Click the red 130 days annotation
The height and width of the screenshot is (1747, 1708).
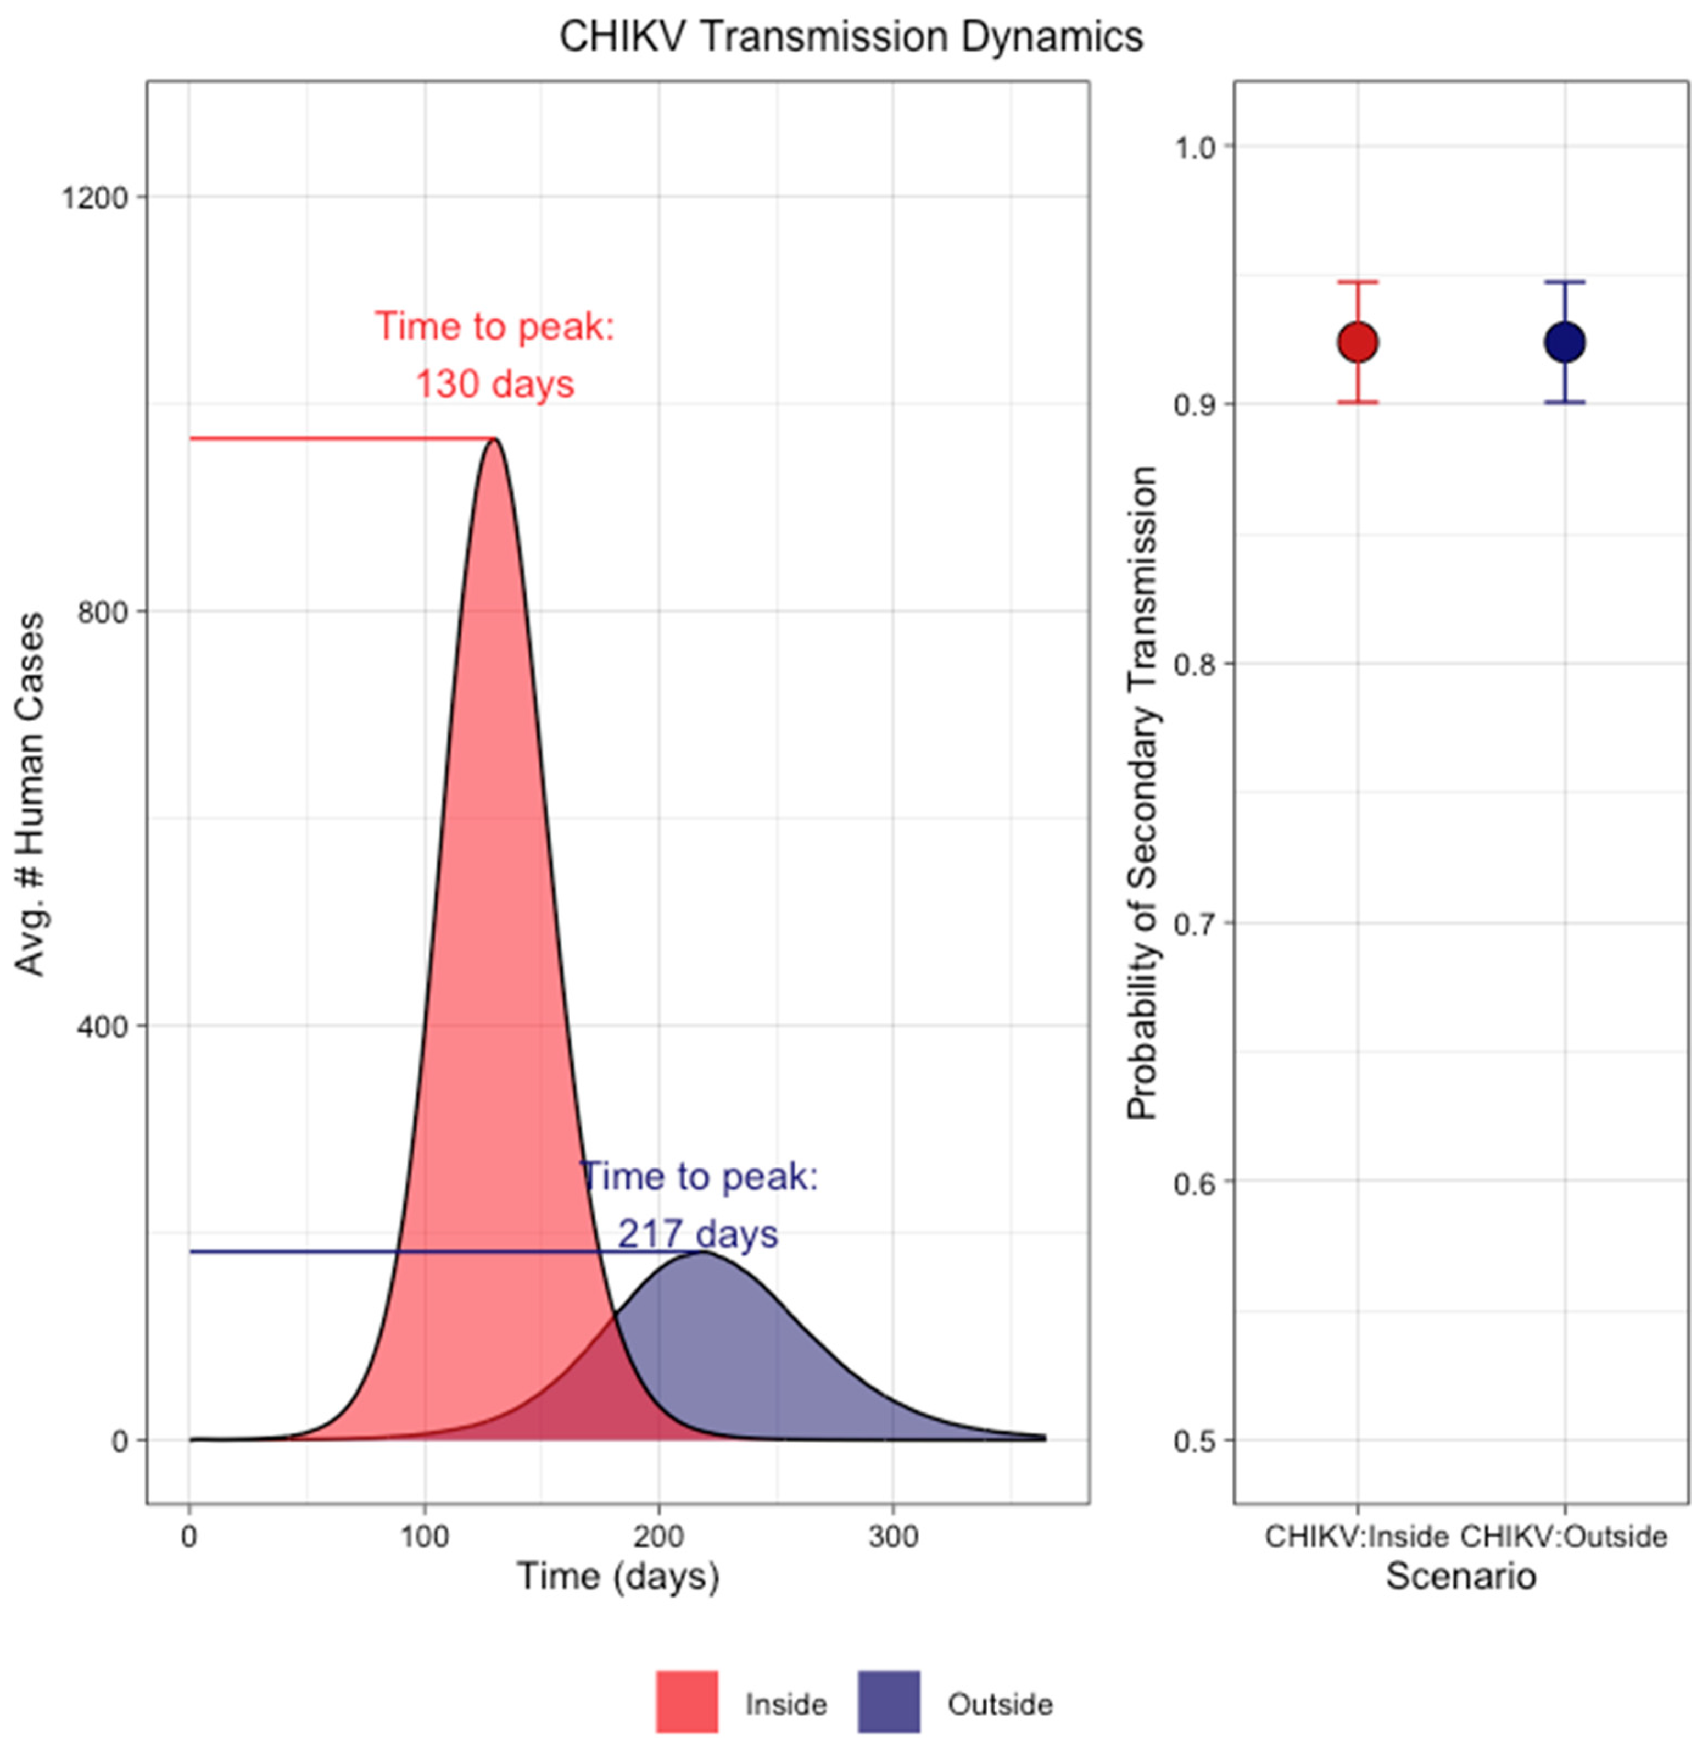[x=494, y=384]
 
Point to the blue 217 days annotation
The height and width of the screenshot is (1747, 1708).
[x=698, y=1234]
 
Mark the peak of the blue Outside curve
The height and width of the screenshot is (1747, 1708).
[x=700, y=1253]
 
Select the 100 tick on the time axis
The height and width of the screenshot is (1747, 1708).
[x=425, y=1537]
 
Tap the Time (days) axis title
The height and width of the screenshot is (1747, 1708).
[x=618, y=1577]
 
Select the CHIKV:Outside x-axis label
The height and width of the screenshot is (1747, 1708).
[x=1564, y=1537]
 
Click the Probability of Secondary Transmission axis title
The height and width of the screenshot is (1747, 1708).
[x=1142, y=793]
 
